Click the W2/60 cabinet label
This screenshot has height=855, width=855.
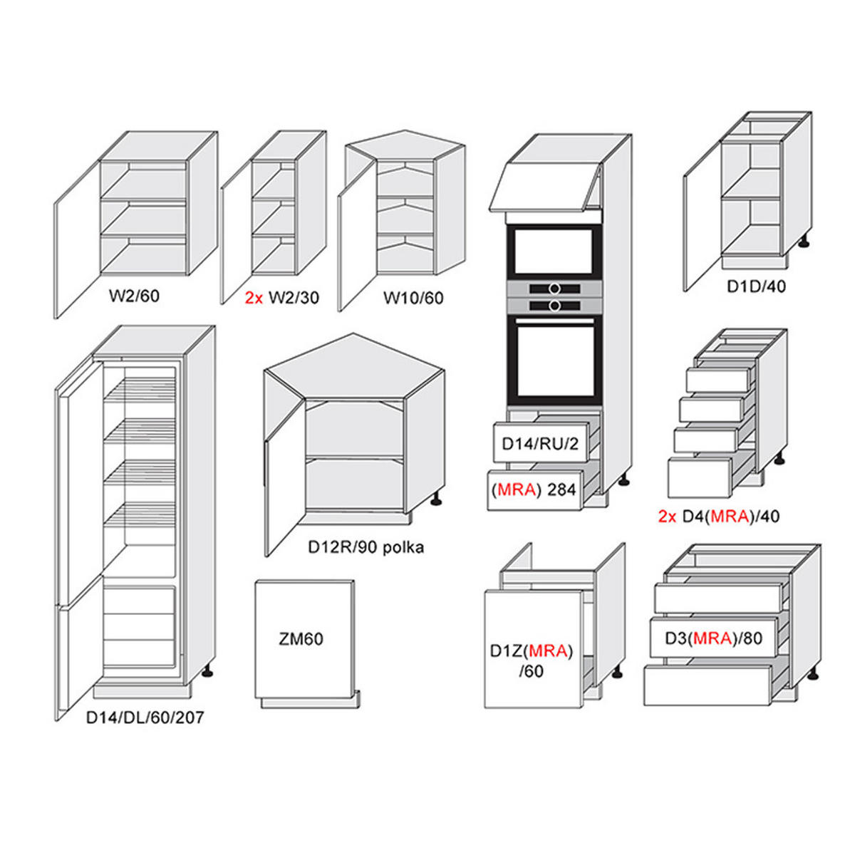coord(134,296)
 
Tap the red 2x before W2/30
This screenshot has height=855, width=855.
coord(254,298)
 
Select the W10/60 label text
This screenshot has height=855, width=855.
coord(413,298)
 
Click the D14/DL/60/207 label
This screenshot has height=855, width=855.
coord(145,717)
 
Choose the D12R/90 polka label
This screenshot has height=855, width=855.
coord(366,547)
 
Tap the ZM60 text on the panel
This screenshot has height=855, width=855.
coord(301,639)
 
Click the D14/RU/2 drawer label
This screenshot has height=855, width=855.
coord(540,444)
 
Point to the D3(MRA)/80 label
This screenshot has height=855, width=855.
coord(713,638)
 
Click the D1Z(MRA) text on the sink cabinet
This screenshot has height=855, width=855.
coord(532,650)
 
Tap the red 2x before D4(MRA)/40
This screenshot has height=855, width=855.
coord(667,517)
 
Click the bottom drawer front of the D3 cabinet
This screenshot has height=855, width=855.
coord(707,685)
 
